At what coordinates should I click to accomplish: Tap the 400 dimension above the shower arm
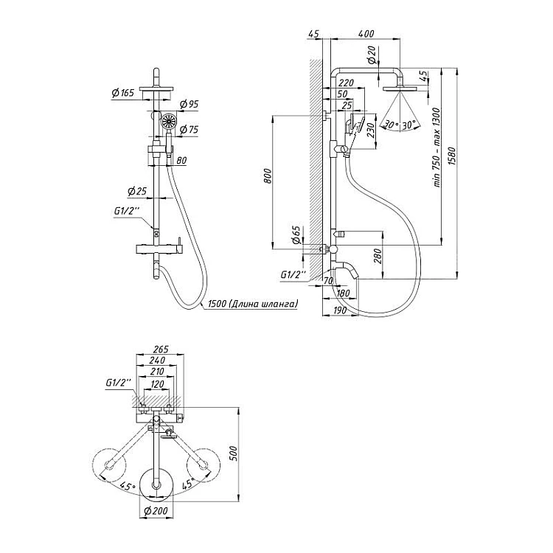coord(364,35)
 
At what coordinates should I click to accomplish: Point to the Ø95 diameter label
coord(189,105)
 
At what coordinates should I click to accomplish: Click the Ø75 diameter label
coord(189,130)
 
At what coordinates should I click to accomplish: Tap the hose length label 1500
coord(251,304)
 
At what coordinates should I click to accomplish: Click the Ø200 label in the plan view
coord(156,510)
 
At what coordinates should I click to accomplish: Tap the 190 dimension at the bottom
coord(340,312)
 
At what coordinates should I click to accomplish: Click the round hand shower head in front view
coord(167,122)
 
